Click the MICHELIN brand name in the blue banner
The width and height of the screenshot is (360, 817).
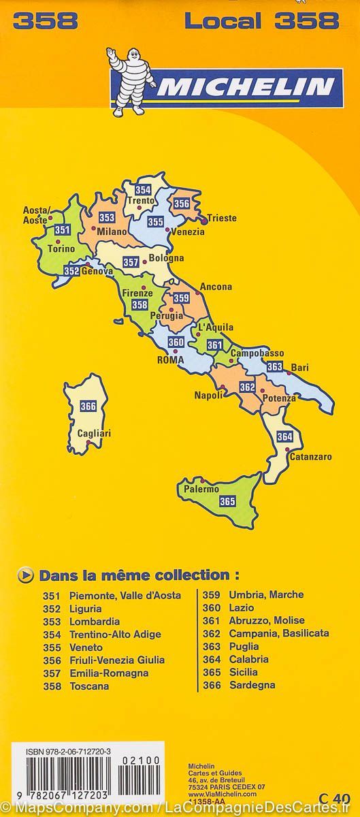click(246, 87)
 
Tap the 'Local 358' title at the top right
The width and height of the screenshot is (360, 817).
click(261, 21)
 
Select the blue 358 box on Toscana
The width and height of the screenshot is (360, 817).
click(140, 304)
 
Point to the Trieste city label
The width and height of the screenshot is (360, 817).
click(222, 218)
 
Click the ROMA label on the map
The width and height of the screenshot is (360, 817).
click(171, 360)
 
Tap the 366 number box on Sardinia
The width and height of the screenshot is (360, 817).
click(88, 406)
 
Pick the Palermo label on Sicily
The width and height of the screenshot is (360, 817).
click(201, 489)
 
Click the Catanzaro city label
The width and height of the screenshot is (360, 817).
click(310, 457)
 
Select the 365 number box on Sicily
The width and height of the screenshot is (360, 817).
click(227, 501)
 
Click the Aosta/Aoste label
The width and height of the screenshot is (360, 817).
click(35, 216)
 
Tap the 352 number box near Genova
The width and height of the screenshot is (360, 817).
click(71, 270)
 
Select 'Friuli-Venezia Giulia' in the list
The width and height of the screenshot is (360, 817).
click(117, 660)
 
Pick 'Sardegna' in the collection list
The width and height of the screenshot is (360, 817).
click(252, 685)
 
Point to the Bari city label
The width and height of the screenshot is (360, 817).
click(299, 368)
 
